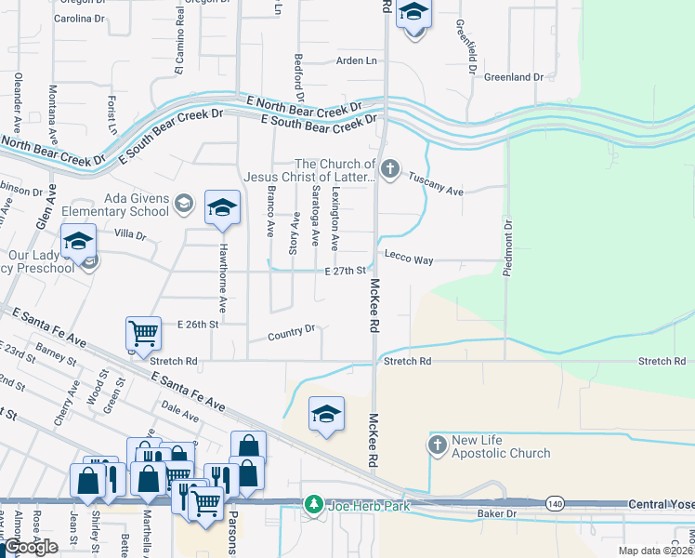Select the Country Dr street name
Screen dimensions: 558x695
click(x=292, y=331)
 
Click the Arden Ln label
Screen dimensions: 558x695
click(x=357, y=61)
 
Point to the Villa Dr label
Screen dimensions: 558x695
click(x=130, y=235)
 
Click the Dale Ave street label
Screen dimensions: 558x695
click(x=180, y=411)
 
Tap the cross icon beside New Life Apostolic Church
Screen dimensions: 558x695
click(x=438, y=445)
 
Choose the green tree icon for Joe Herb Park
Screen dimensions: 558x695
click(x=314, y=505)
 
